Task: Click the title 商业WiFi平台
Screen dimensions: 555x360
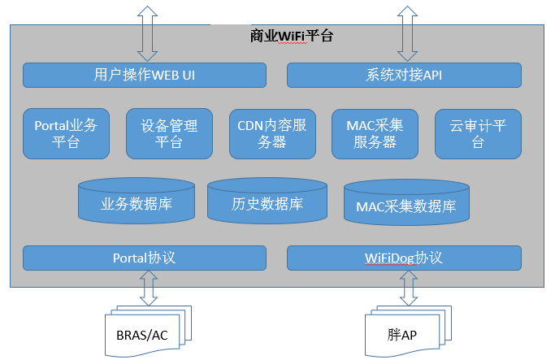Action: [291, 36]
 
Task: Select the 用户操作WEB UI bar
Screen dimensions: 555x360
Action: [145, 75]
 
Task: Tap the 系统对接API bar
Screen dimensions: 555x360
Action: [404, 75]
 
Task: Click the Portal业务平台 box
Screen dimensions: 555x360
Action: [66, 134]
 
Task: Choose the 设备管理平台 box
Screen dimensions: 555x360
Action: [169, 134]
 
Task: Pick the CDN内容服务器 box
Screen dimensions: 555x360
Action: [272, 134]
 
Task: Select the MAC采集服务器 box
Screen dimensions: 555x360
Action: [375, 134]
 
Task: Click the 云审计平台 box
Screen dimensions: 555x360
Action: [478, 134]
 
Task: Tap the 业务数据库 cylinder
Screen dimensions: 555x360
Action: [137, 201]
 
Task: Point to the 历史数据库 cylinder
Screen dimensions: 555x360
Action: [267, 201]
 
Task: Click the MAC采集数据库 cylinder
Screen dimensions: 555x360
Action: [406, 203]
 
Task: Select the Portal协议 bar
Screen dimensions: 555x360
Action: [145, 258]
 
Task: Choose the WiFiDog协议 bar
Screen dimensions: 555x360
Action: [404, 258]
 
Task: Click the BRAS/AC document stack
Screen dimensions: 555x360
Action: [148, 332]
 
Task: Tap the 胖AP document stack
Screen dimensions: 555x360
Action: [408, 332]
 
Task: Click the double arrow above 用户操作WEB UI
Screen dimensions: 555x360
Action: [147, 33]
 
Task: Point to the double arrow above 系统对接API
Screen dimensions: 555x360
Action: [407, 33]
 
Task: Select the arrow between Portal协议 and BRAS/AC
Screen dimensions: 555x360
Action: [149, 288]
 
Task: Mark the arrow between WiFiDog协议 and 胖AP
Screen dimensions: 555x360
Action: [409, 288]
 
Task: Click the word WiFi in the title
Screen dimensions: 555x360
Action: [292, 36]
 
